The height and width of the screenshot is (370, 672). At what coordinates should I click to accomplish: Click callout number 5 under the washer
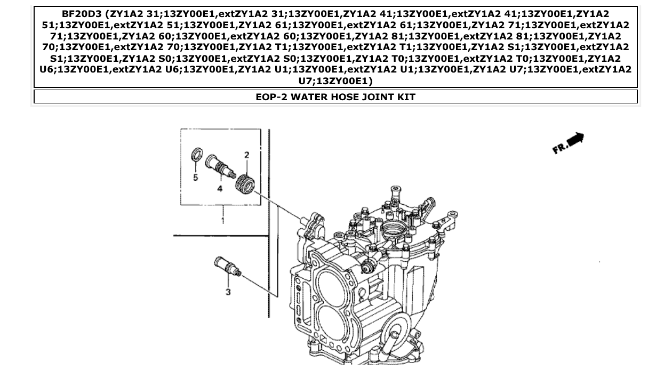pos(195,178)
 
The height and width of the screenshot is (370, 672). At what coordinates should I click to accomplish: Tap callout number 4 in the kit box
pos(220,189)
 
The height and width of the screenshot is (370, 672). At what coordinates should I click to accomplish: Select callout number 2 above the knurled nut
pos(246,155)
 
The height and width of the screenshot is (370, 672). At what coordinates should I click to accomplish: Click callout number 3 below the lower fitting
pos(228,292)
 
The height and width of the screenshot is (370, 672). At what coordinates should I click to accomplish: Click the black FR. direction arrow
pos(576,140)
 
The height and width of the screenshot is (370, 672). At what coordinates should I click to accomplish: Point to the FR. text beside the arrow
pos(559,148)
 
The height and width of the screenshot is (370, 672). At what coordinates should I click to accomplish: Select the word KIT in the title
pos(405,97)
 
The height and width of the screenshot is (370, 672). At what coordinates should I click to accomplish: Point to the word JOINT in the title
pos(375,97)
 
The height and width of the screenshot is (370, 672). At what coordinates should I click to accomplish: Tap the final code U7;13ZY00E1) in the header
pos(335,81)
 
